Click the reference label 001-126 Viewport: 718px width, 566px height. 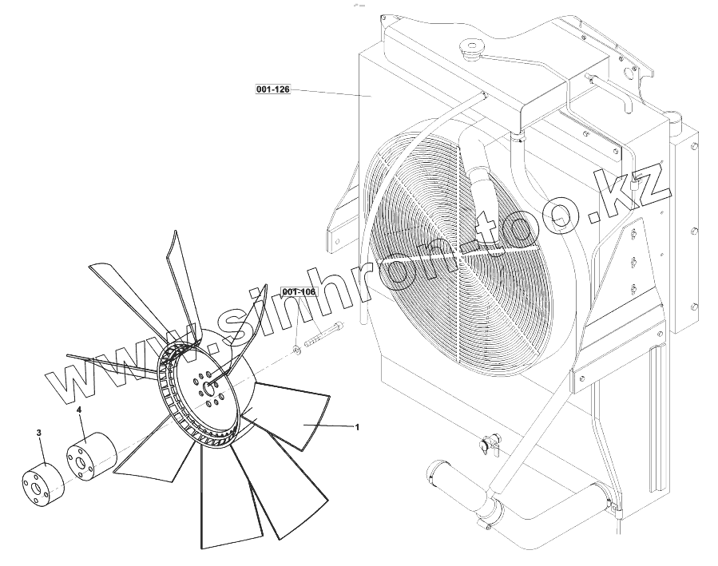tap(272, 89)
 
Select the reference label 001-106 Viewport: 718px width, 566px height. tap(299, 292)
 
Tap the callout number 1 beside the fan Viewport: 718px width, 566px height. tap(357, 427)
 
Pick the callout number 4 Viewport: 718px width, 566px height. tap(79, 410)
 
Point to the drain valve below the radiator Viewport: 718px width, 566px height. tap(486, 444)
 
